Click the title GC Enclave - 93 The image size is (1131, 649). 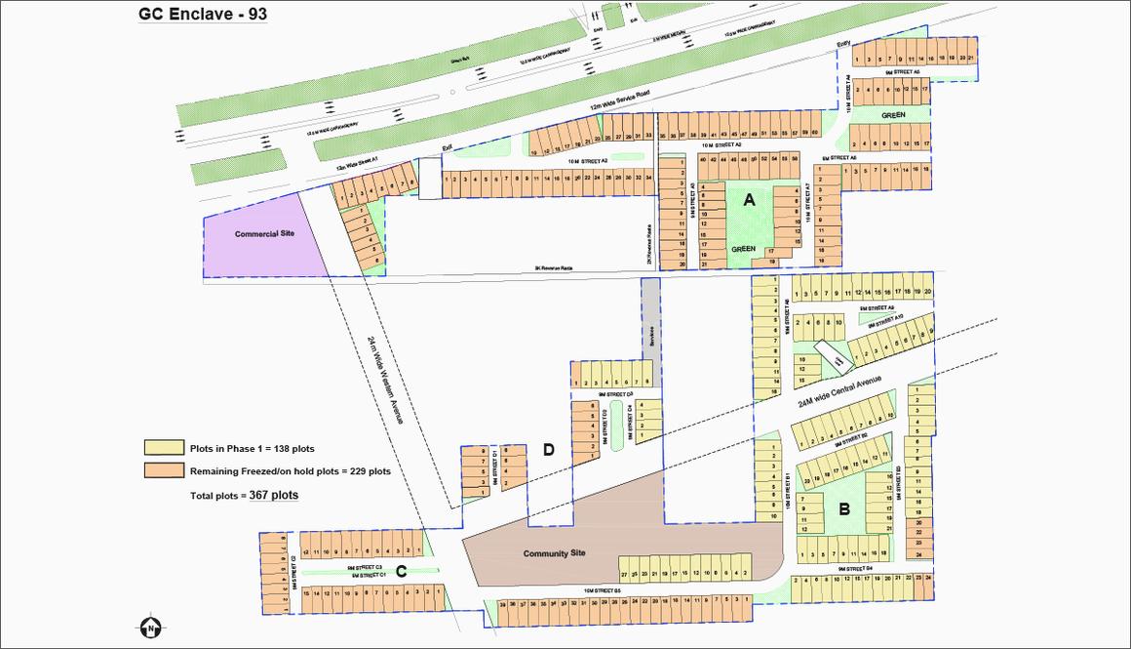point(203,15)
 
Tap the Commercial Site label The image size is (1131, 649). point(264,234)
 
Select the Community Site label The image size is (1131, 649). point(554,553)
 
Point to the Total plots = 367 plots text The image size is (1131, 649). point(244,496)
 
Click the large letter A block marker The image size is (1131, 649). point(749,200)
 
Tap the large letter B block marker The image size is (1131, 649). point(844,508)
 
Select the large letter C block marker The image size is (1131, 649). point(401,571)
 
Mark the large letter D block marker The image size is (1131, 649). point(549,449)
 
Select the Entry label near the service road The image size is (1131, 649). point(844,45)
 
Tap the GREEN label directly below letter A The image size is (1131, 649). point(744,249)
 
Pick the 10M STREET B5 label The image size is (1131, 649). point(603,590)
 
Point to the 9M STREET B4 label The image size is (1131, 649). point(854,568)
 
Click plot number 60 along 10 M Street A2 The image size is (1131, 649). point(814,134)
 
